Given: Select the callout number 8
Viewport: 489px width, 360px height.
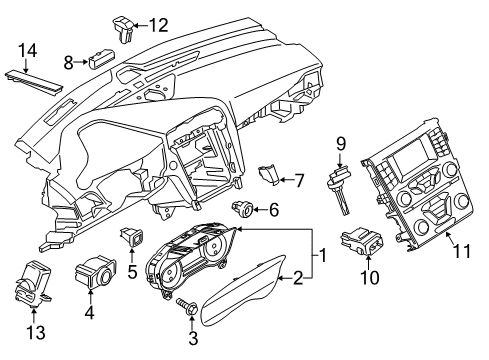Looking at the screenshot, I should (x=69, y=62).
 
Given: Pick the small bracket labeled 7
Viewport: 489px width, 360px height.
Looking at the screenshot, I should (x=269, y=175).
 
